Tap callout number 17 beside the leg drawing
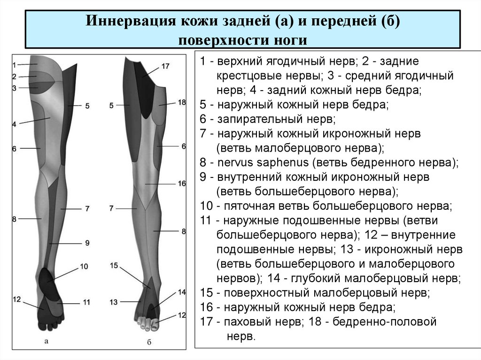tap(165, 66)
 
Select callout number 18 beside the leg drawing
tap(182, 102)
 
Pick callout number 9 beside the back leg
tap(87, 243)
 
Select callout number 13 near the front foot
tap(113, 302)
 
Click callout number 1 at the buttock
tap(14, 64)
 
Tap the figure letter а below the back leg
tap(46, 341)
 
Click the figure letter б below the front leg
tap(148, 343)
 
